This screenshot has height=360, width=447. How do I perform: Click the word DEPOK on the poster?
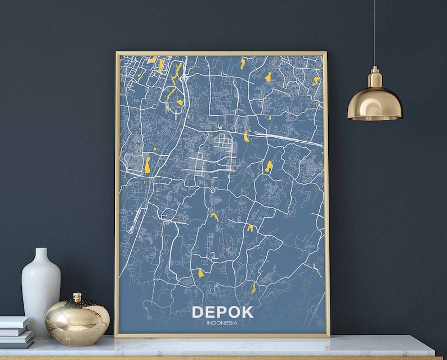pos(222,312)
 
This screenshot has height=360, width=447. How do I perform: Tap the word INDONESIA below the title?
pos(222,322)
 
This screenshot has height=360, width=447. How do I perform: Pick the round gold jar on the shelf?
pos(77,322)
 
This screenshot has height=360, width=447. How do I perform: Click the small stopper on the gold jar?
pos(77,297)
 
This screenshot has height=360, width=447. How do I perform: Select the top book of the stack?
pos(14,322)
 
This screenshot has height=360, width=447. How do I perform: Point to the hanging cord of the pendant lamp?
pos(374,34)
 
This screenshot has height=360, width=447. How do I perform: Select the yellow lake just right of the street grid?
pos(247,136)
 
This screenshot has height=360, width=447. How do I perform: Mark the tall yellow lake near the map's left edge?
pos(147,165)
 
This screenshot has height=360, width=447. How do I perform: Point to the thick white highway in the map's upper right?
pos(287,138)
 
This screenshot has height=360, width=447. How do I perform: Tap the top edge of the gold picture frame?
pos(221,53)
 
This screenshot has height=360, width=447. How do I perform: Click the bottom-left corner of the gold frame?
pos(117,335)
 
